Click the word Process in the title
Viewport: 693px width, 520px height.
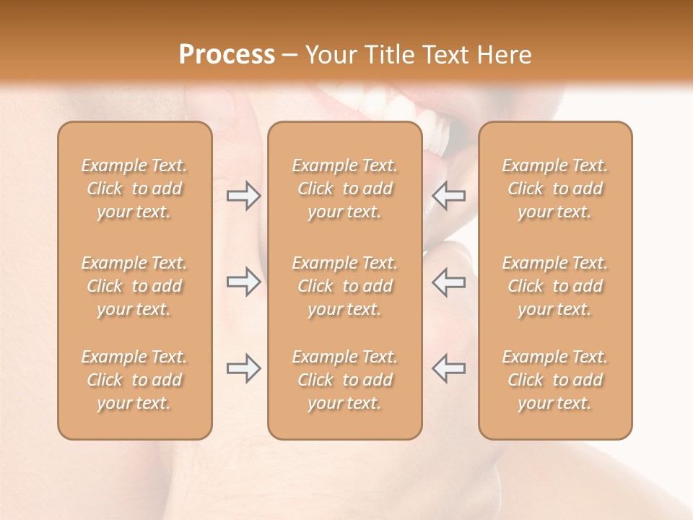point(227,55)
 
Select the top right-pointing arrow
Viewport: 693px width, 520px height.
point(244,196)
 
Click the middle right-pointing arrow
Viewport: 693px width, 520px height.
point(244,282)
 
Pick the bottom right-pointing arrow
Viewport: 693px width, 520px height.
point(244,368)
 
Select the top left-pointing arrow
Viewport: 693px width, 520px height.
point(448,196)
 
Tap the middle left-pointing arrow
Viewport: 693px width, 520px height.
point(448,282)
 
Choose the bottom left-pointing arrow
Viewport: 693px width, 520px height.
point(448,368)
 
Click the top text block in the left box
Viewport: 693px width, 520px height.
point(134,188)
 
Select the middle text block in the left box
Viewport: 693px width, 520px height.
point(134,286)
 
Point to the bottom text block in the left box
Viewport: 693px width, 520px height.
point(134,380)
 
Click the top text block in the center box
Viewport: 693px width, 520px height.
point(344,188)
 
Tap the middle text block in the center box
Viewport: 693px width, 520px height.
point(344,286)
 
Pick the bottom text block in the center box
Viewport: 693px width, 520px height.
point(344,380)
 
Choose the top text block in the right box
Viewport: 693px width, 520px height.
point(554,188)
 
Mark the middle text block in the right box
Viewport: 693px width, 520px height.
point(554,286)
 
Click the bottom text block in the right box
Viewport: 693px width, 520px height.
point(554,380)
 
